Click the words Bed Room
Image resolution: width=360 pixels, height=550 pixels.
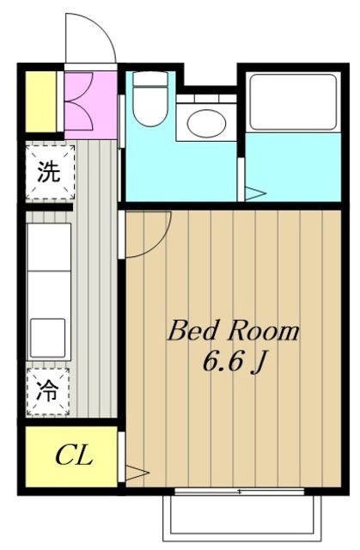coord(233,330)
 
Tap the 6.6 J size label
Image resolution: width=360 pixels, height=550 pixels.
coord(233,363)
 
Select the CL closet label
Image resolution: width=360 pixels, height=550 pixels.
coord(74,455)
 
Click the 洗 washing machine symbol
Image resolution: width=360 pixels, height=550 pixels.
coord(48,172)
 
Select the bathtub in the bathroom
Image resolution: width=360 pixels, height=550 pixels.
coord(290,101)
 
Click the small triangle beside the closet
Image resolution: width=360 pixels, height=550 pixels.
coord(137,472)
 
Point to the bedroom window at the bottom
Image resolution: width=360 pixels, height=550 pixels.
coord(238,492)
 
